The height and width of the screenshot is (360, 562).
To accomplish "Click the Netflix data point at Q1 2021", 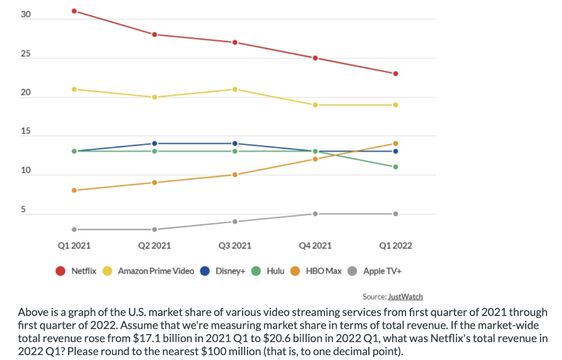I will [x=74, y=11].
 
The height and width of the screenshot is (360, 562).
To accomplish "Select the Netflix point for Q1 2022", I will [x=395, y=74].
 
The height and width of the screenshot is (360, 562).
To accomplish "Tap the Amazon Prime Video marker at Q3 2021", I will [x=235, y=89].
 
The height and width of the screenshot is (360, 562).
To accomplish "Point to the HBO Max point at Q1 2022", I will [x=395, y=143].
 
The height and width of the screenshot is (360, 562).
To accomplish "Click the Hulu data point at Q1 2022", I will [x=395, y=167].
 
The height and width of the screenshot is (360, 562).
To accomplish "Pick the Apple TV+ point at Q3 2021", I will [x=235, y=222].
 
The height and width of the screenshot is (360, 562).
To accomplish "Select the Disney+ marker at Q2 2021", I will [x=154, y=143].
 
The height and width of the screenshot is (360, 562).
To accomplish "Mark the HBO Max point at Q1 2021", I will [x=74, y=190].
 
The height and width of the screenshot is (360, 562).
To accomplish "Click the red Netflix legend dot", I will [x=61, y=271].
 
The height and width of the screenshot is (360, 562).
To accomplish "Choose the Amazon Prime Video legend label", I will [x=155, y=271].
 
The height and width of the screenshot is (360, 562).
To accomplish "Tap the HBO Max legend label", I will [x=323, y=271].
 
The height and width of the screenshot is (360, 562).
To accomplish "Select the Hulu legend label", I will [x=275, y=271].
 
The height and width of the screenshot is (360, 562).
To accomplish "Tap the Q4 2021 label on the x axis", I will [x=315, y=245].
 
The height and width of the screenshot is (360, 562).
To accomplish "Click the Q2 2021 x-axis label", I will [x=154, y=245].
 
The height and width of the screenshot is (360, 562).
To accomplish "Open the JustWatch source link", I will [x=405, y=297].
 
